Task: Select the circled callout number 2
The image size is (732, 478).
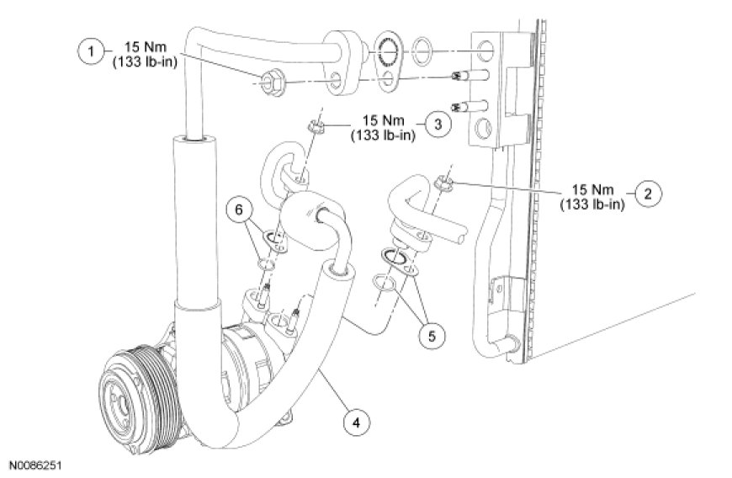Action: point(647,194)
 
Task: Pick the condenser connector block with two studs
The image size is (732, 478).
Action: point(487,88)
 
